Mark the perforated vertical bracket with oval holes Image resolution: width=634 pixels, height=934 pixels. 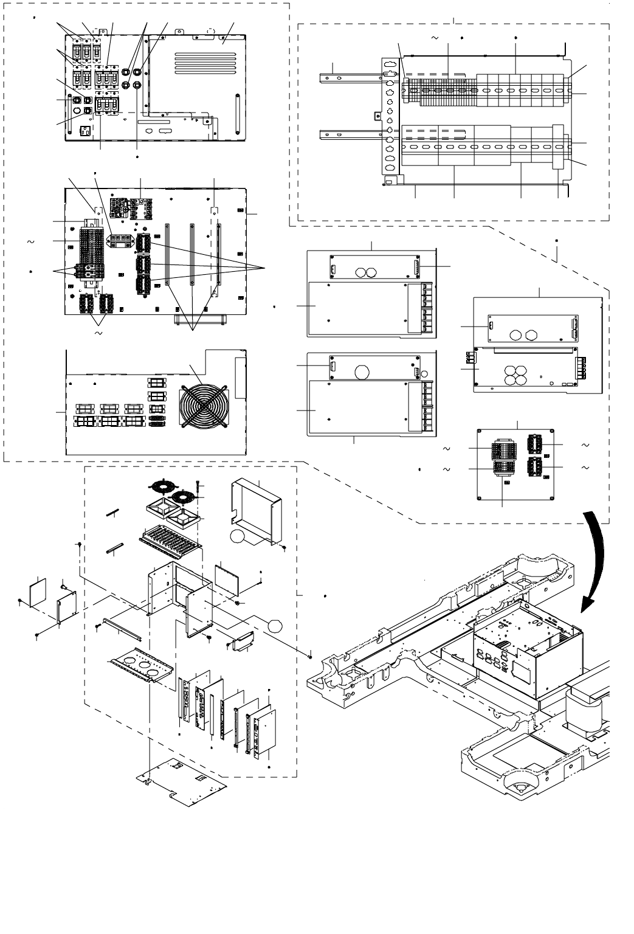click(x=390, y=122)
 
